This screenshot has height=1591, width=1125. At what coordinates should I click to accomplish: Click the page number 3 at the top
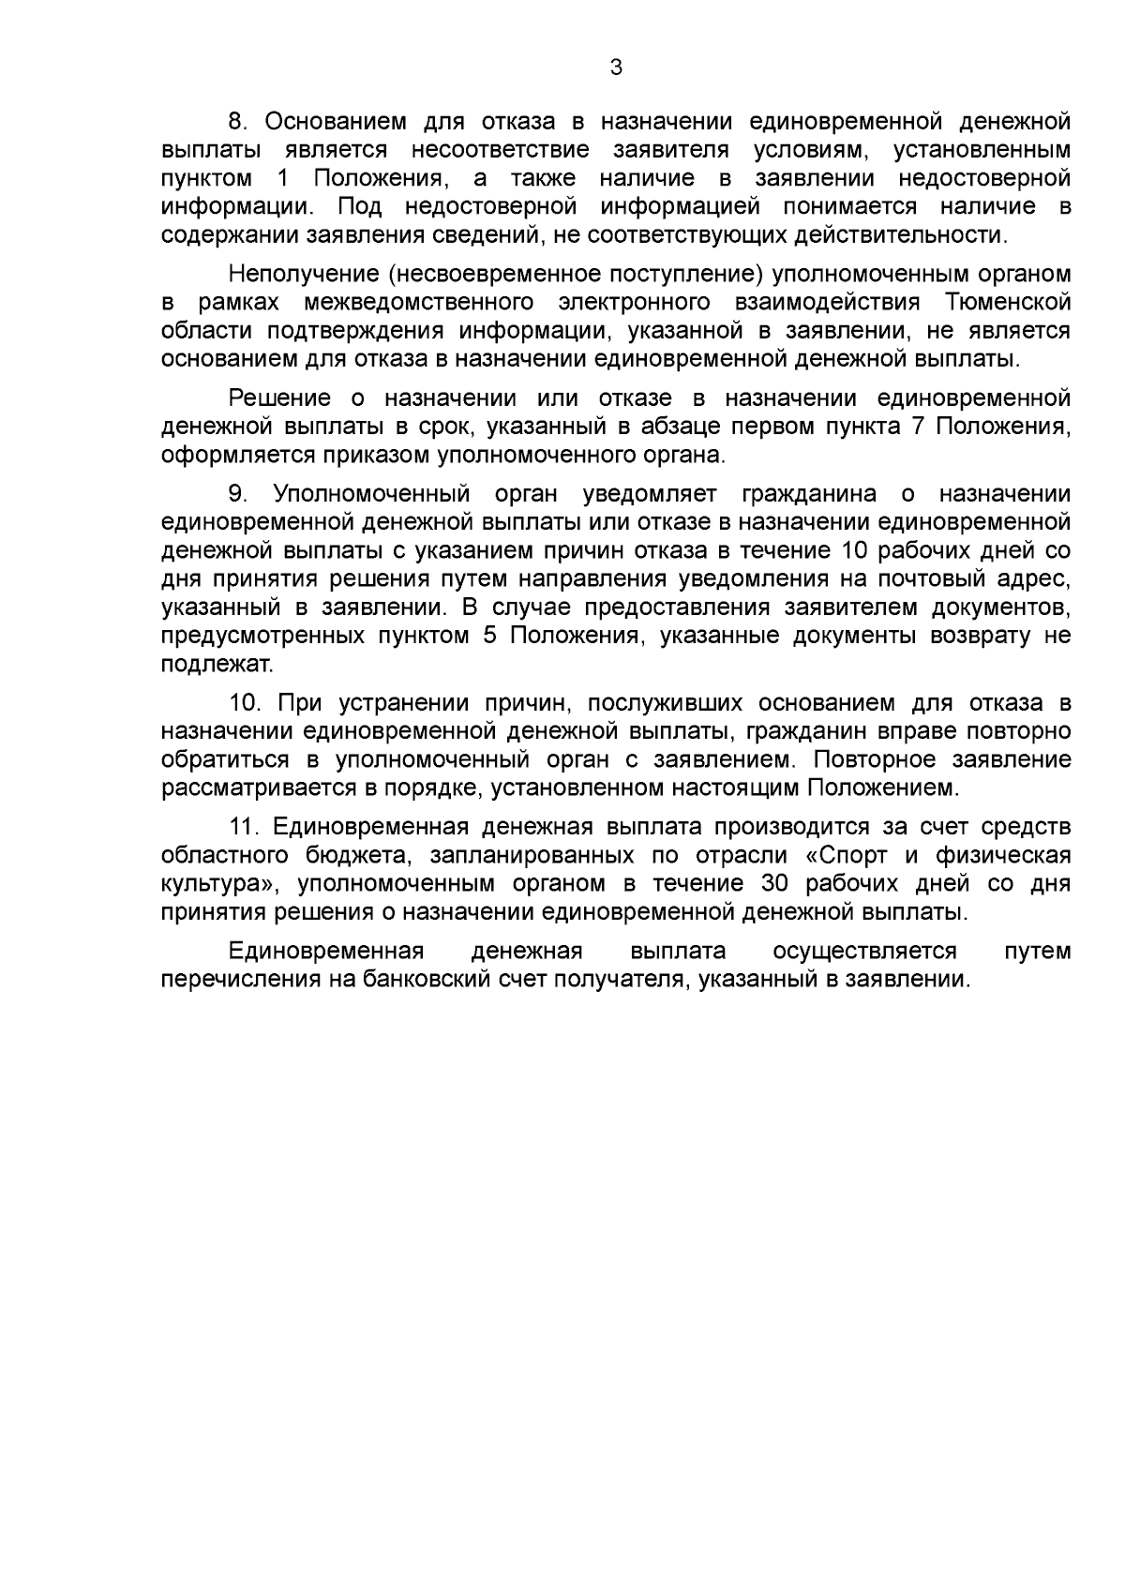point(615,68)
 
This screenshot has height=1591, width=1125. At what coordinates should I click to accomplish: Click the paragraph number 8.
point(236,123)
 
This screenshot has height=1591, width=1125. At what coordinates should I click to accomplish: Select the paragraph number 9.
point(236,494)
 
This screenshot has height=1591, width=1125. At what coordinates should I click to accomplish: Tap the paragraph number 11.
point(243,828)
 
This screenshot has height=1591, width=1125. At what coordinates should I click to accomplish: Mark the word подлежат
point(217,665)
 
